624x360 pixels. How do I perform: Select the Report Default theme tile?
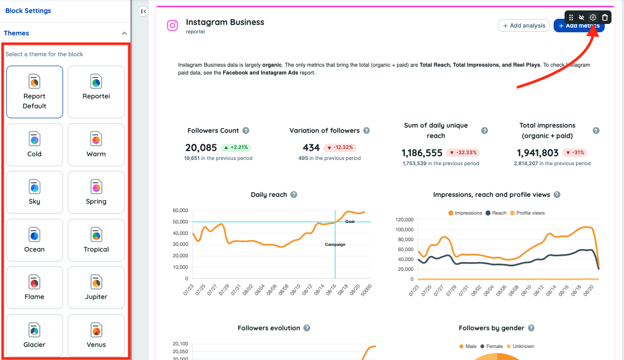(x=34, y=92)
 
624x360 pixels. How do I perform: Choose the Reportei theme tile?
(x=96, y=92)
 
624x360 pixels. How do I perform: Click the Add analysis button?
(x=524, y=26)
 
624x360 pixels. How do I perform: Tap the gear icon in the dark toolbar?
(x=593, y=18)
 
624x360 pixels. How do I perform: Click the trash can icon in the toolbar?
(x=605, y=18)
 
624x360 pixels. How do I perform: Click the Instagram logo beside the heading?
(x=172, y=26)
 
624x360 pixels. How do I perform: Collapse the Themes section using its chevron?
(x=124, y=33)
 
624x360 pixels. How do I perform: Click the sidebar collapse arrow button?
(x=143, y=11)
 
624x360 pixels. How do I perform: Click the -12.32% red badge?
(x=340, y=147)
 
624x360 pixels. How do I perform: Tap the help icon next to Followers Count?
(x=246, y=131)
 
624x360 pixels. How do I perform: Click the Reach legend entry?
(x=496, y=213)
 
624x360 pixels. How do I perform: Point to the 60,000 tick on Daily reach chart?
(x=179, y=210)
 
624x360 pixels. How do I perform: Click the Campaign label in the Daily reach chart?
(x=335, y=244)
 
